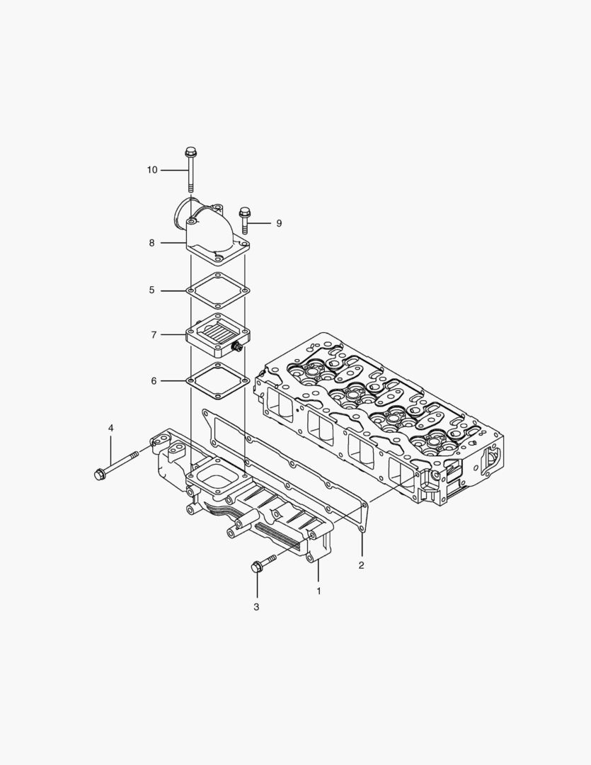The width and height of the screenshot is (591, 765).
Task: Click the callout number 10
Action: click(152, 170)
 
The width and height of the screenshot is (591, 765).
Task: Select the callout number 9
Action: click(279, 223)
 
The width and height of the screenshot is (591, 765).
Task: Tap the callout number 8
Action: click(151, 243)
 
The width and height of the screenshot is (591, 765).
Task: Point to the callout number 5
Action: click(151, 290)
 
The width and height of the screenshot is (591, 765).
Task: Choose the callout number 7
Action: click(154, 335)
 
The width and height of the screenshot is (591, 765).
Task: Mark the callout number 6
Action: click(154, 381)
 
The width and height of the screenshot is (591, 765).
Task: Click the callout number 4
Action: click(110, 428)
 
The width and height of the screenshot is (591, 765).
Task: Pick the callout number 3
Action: click(256, 607)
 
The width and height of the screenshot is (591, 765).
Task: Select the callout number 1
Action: click(319, 590)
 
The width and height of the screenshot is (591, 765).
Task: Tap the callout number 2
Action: click(361, 565)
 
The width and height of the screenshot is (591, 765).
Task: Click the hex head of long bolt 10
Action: click(190, 152)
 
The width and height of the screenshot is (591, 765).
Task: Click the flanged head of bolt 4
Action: click(100, 473)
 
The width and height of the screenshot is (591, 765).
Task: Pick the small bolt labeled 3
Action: click(259, 565)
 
